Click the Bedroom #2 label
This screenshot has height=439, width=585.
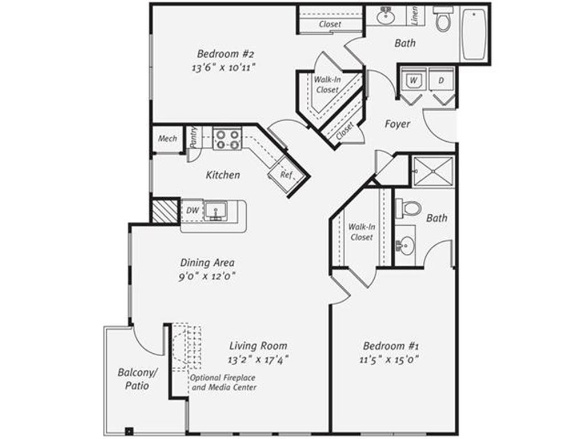click(225, 54)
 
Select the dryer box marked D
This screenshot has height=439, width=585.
click(441, 81)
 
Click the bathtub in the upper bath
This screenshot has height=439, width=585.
click(474, 34)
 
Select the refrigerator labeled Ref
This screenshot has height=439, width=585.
click(286, 175)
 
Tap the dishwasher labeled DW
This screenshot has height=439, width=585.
click(193, 210)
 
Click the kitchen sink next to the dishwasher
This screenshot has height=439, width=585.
click(215, 210)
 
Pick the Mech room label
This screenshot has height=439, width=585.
click(167, 139)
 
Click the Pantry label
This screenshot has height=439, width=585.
click(194, 138)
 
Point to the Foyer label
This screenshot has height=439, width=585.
click(397, 123)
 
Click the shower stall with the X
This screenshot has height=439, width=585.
click(433, 170)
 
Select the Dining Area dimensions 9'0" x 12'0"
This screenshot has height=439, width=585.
click(207, 276)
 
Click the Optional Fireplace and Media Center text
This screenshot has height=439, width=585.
click(223, 383)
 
